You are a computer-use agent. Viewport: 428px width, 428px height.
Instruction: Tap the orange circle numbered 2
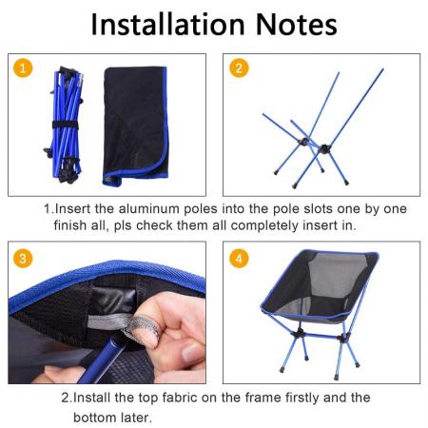(240, 68)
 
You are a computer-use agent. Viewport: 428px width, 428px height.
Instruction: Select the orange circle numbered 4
(240, 258)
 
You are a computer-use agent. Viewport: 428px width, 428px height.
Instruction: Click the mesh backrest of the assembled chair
(323, 285)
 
